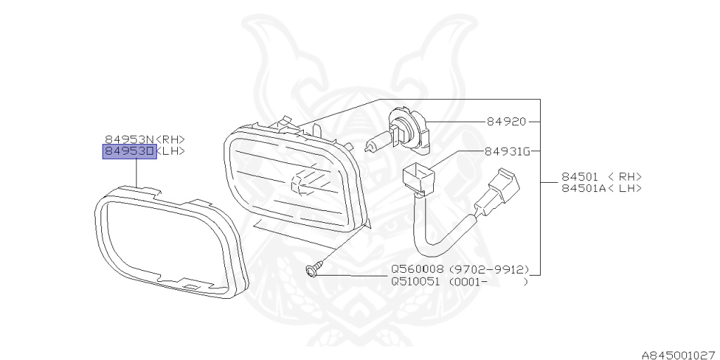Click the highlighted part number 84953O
(x=129, y=151)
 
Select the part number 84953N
(x=129, y=139)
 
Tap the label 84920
(x=506, y=122)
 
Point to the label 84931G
(x=506, y=151)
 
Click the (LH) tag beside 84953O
(x=171, y=151)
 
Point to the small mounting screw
(x=314, y=269)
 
